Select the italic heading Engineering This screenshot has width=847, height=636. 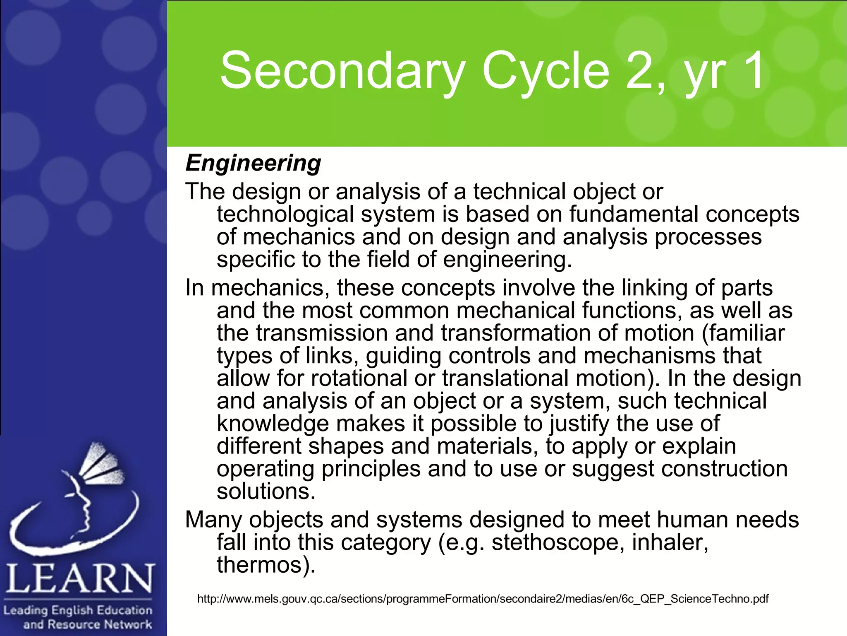253,163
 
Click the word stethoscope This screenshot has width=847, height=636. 558,543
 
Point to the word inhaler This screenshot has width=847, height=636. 670,543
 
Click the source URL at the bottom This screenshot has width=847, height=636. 483,599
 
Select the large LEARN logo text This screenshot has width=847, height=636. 79,579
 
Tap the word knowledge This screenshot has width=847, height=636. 273,424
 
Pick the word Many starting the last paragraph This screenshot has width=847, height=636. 213,520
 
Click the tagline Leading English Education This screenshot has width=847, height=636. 78,610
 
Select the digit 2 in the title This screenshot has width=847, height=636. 639,71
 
